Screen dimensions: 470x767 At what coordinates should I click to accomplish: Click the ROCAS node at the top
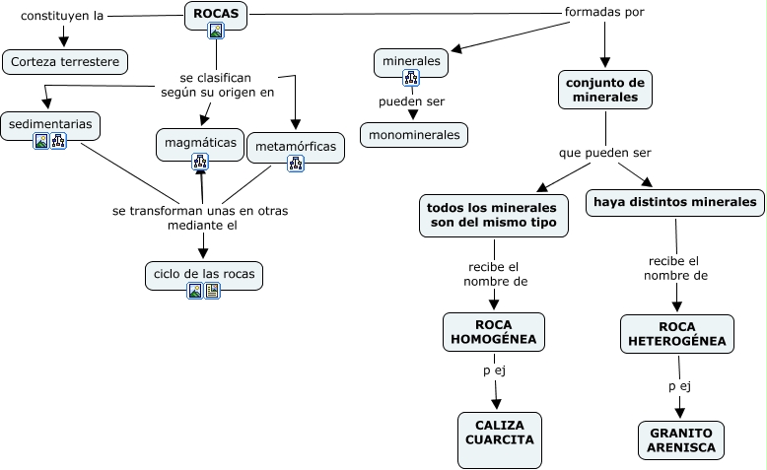tap(216, 14)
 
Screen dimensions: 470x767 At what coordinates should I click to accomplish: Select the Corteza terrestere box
tap(65, 62)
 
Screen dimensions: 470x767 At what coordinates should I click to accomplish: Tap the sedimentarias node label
tap(50, 124)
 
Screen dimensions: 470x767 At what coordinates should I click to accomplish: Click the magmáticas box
tap(200, 143)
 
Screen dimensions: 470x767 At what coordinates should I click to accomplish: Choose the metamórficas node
tap(296, 148)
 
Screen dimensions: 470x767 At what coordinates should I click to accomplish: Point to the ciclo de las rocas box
tap(204, 271)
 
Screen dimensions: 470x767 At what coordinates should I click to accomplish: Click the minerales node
tap(411, 61)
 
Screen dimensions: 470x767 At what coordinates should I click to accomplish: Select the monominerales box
tap(414, 134)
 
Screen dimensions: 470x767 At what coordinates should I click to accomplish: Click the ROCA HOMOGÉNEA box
tap(493, 332)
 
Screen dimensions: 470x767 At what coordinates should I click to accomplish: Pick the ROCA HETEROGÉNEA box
tap(677, 334)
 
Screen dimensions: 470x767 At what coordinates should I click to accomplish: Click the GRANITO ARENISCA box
tap(680, 439)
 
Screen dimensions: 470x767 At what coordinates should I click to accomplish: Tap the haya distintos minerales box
tap(675, 203)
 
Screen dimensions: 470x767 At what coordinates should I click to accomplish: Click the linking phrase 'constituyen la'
tap(62, 16)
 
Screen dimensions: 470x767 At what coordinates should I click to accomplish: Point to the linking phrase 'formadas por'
tap(604, 13)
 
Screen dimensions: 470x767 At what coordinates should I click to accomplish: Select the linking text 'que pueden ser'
tap(604, 153)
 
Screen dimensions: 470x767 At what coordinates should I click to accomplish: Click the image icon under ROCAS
tap(216, 31)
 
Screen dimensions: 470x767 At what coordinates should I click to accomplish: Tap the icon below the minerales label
tap(411, 78)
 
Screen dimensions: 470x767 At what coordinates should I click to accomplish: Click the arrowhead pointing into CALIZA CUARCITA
tap(497, 404)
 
